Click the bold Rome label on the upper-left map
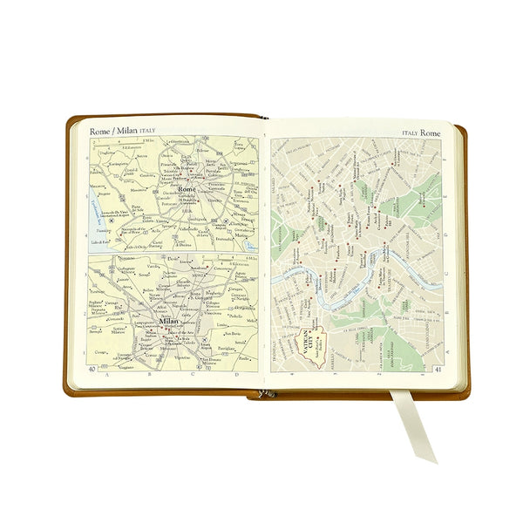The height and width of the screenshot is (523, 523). pos(186,189)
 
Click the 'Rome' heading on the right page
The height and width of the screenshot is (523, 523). pos(431,132)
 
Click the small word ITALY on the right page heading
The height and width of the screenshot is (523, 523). pos(410,133)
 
